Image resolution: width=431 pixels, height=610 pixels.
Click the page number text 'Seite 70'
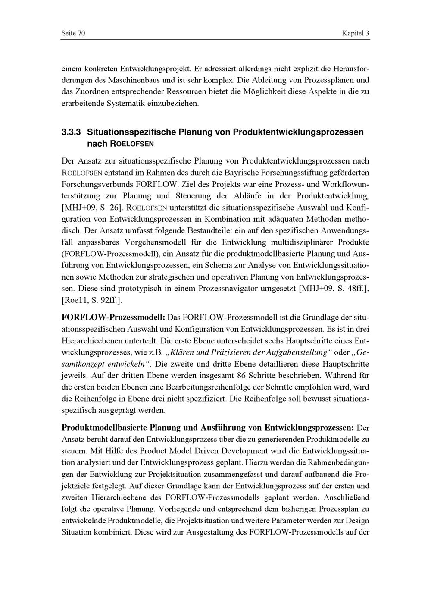[73, 34]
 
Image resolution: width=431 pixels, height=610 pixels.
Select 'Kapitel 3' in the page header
[356, 34]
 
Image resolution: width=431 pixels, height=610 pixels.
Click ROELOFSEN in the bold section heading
[132, 143]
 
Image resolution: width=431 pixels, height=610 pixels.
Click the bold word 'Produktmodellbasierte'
[104, 428]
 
